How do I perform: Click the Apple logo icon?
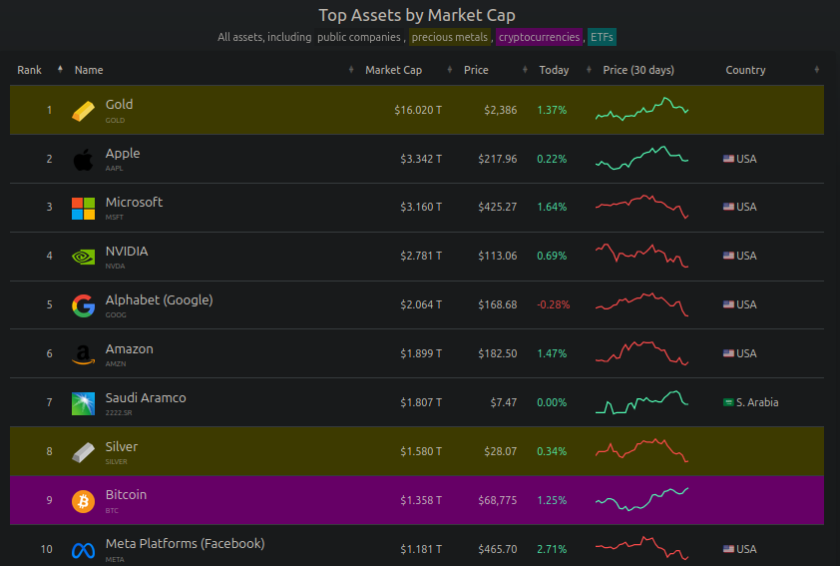pyautogui.click(x=83, y=159)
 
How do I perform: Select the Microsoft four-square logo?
pyautogui.click(x=83, y=208)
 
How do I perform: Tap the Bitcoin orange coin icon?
pyautogui.click(x=83, y=500)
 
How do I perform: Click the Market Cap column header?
pyautogui.click(x=393, y=70)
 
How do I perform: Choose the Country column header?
pyautogui.click(x=745, y=70)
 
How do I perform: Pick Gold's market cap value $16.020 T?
pyautogui.click(x=418, y=110)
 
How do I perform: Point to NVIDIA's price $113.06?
pyautogui.click(x=497, y=257)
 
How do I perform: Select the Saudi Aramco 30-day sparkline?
pyautogui.click(x=642, y=402)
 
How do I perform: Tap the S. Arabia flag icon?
pyautogui.click(x=728, y=403)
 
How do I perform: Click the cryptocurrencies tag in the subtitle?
pyautogui.click(x=539, y=37)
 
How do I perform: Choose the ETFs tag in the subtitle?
pyautogui.click(x=602, y=37)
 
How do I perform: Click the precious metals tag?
pyautogui.click(x=450, y=37)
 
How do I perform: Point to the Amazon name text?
pyautogui.click(x=130, y=348)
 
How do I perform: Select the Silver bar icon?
pyautogui.click(x=83, y=452)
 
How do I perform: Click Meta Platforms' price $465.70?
pyautogui.click(x=497, y=549)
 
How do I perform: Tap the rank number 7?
pyautogui.click(x=49, y=403)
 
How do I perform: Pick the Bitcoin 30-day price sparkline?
pyautogui.click(x=642, y=497)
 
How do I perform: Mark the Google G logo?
pyautogui.click(x=83, y=305)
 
